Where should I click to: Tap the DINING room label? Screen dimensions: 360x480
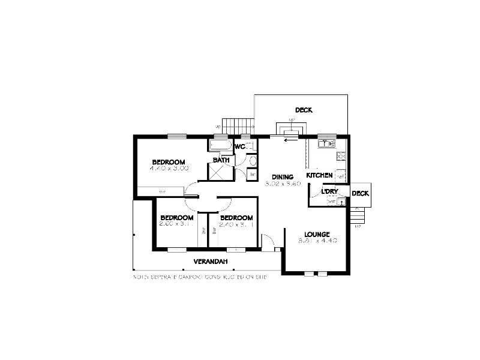coord(282,177)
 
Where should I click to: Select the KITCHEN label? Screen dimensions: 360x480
coord(319,175)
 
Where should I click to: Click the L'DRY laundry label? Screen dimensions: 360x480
coord(330,191)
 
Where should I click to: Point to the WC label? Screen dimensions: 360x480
coord(239,146)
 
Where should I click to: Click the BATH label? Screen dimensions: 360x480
coord(221,160)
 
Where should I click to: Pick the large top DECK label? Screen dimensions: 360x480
coord(304,110)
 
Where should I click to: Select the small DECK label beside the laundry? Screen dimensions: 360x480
coord(360,193)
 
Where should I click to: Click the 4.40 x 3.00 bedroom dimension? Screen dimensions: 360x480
coord(169,169)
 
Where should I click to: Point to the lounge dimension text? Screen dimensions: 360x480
coord(317,241)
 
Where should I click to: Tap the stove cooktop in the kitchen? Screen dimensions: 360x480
coord(341,157)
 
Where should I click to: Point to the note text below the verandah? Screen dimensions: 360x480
coord(200,278)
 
